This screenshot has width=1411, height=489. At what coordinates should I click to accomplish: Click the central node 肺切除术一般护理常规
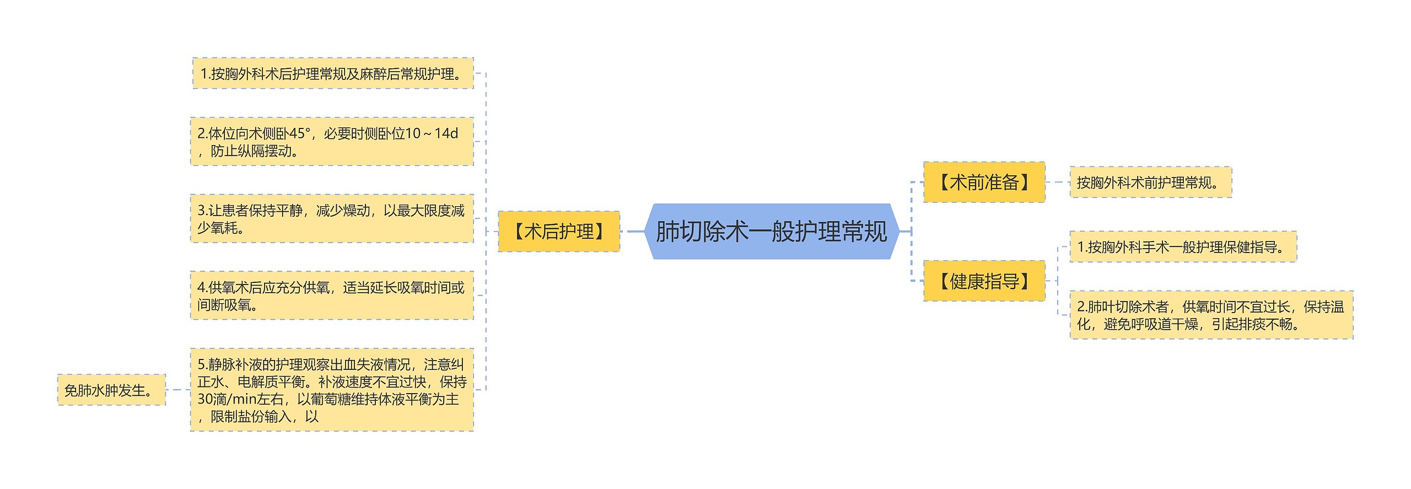click(x=772, y=232)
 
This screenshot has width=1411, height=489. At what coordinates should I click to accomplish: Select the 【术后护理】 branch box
click(x=558, y=232)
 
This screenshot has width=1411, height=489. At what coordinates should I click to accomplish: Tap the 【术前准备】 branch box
click(x=984, y=182)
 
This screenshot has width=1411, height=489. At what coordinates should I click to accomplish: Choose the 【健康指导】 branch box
click(x=984, y=281)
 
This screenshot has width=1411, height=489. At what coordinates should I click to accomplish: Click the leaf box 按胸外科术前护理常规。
click(x=1150, y=182)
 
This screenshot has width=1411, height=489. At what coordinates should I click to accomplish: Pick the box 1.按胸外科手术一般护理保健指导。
click(x=1183, y=247)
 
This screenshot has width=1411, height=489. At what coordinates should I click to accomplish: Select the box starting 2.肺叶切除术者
click(x=1211, y=315)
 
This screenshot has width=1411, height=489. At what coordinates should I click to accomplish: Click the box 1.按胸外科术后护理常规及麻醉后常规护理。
click(x=332, y=73)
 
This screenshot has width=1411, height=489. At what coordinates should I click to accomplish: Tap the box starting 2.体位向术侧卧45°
click(x=332, y=142)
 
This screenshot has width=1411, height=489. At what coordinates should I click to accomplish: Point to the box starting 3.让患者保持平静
click(x=332, y=218)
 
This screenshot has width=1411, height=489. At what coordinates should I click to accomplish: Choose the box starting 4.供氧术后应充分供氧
click(x=332, y=295)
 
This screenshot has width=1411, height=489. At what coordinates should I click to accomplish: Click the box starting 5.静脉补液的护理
click(x=332, y=390)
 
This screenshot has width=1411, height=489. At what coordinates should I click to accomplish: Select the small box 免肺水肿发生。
click(x=111, y=390)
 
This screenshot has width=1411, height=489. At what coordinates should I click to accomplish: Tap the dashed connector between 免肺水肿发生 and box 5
click(x=177, y=390)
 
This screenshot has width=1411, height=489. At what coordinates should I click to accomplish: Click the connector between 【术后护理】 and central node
click(x=634, y=232)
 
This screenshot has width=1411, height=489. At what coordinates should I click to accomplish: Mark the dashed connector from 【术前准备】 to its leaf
click(x=1057, y=182)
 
